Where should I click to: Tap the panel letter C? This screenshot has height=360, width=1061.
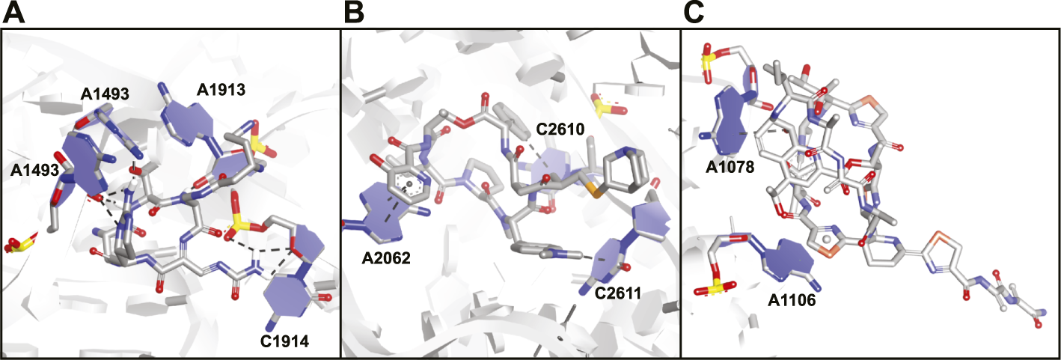pyautogui.click(x=694, y=14)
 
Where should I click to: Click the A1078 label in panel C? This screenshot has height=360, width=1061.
pyautogui.click(x=730, y=166)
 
